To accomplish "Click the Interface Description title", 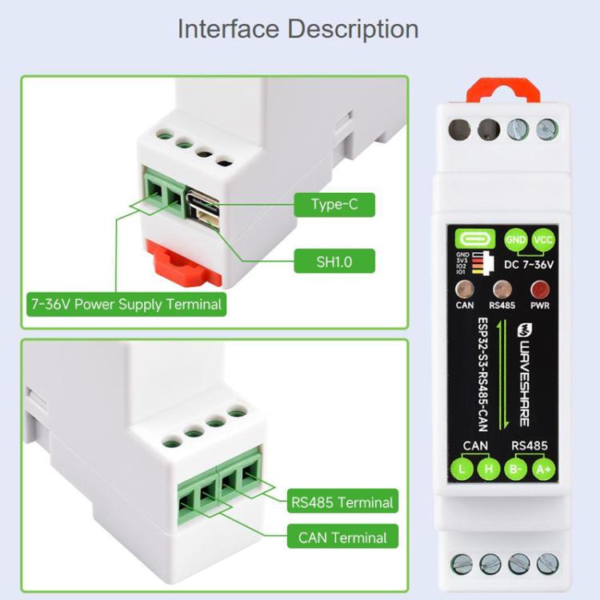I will click(298, 29).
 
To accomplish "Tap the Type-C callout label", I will click(334, 205).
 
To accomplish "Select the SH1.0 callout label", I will click(334, 262).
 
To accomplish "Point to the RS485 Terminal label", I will click(342, 502).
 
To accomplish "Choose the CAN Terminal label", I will click(342, 538).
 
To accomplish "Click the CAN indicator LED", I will click(465, 290).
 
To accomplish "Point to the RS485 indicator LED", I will click(503, 290).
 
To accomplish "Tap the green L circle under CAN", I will click(463, 469).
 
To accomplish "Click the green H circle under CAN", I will click(489, 469).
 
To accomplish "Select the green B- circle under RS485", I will click(518, 469).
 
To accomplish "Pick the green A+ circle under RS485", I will click(544, 469).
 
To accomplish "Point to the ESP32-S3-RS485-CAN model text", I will click(483, 372).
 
